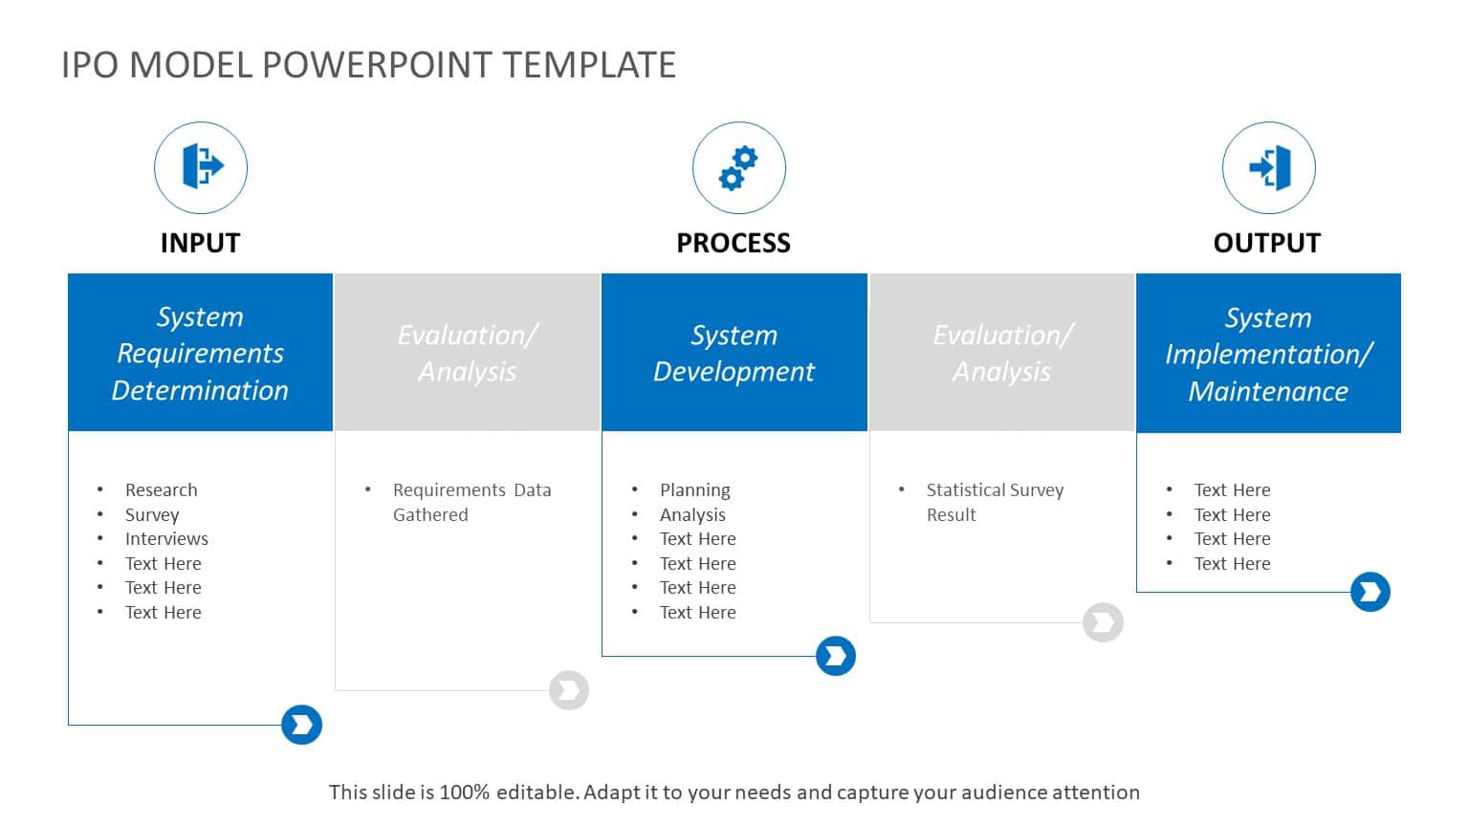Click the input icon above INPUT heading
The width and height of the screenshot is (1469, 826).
pyautogui.click(x=201, y=167)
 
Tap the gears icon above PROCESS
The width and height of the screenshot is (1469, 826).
pyautogui.click(x=738, y=167)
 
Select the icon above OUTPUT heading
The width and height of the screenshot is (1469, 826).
pyautogui.click(x=1268, y=167)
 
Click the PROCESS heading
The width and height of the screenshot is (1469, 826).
pyautogui.click(x=734, y=243)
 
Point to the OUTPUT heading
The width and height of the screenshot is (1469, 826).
pyautogui.click(x=1266, y=243)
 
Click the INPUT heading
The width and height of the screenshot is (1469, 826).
pyautogui.click(x=200, y=243)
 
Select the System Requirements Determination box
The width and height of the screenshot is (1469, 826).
pyautogui.click(x=200, y=353)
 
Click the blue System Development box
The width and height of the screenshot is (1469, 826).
pyautogui.click(x=734, y=353)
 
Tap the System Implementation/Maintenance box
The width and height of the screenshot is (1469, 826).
pyautogui.click(x=1268, y=353)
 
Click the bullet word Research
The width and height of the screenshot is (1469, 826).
pyautogui.click(x=161, y=489)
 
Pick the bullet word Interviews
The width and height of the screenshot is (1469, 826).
pyautogui.click(x=166, y=538)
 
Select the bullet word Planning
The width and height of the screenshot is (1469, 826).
pyautogui.click(x=694, y=489)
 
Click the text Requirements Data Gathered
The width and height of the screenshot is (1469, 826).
pyautogui.click(x=471, y=502)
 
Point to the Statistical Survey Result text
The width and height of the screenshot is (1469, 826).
pyautogui.click(x=994, y=502)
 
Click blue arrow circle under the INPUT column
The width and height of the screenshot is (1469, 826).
pyautogui.click(x=301, y=725)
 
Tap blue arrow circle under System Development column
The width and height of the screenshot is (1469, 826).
pyautogui.click(x=835, y=656)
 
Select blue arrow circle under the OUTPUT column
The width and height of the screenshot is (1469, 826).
pyautogui.click(x=1370, y=592)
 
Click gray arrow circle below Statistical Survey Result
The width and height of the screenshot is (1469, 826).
pyautogui.click(x=1103, y=622)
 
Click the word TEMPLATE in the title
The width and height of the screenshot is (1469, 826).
pyautogui.click(x=589, y=65)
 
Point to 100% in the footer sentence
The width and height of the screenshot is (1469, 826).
pyautogui.click(x=464, y=792)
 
